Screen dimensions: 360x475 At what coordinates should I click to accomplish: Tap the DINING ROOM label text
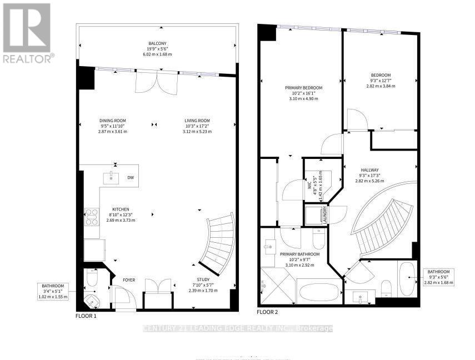coord(113,121)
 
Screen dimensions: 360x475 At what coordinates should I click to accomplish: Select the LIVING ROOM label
coord(197,121)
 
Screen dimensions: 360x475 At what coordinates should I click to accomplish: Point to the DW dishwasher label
coord(131,178)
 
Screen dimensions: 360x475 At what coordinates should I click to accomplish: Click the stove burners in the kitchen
coord(91,216)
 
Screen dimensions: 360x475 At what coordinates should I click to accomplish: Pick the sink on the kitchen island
coord(111,177)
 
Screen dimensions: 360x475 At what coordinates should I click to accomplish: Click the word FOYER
coord(129,280)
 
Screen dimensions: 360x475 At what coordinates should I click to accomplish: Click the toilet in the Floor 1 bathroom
coord(92,277)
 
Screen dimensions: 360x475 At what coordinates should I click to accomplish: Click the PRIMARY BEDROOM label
coord(303,88)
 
